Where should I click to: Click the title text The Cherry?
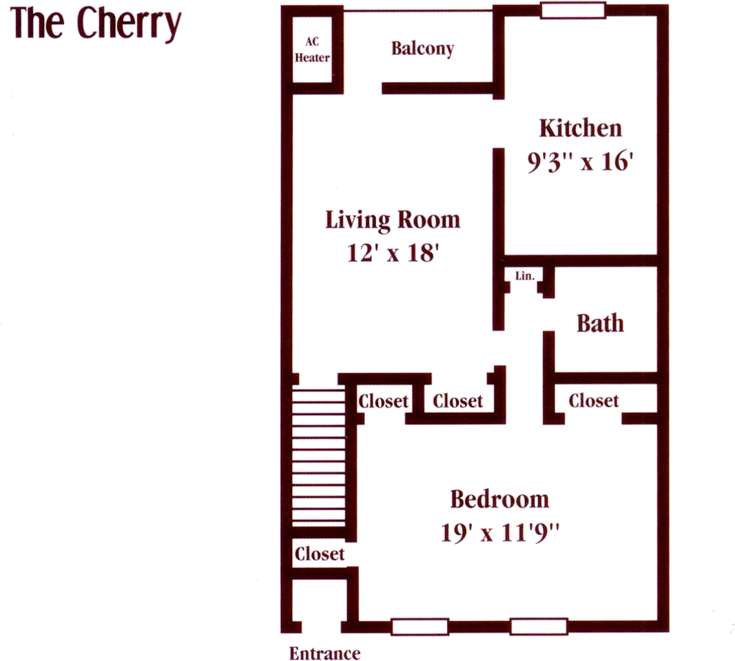[96, 25]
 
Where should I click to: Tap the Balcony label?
[422, 49]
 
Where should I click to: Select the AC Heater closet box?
[312, 50]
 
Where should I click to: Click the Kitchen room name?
[580, 128]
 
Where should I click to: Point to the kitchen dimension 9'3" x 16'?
[580, 164]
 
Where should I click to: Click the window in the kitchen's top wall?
[572, 10]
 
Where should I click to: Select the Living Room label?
[392, 220]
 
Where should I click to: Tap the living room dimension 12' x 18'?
[392, 253]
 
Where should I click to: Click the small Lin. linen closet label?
[525, 275]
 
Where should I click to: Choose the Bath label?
[600, 323]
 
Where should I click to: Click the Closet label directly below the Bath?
[593, 400]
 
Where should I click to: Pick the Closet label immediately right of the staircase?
[383, 401]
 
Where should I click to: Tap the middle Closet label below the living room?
[457, 401]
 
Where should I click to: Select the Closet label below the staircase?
[319, 554]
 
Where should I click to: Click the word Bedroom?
[499, 499]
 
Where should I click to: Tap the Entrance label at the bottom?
[324, 653]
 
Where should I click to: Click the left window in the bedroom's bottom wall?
[420, 627]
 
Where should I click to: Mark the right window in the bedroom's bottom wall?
[539, 627]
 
